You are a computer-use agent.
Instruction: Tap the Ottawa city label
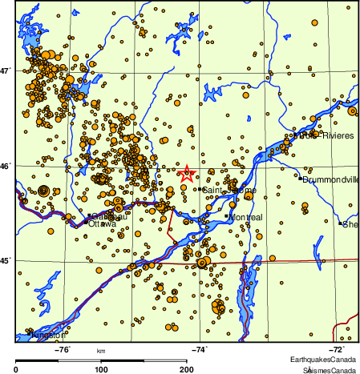point(102,224)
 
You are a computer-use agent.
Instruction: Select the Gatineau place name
point(106,216)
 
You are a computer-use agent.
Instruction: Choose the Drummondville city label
point(332,179)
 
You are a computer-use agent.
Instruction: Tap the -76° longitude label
point(62,348)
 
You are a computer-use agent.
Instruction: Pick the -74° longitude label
point(199,348)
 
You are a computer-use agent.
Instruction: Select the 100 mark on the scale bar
point(102,369)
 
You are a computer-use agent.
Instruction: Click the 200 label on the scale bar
point(187,369)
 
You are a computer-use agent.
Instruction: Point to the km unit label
point(101,351)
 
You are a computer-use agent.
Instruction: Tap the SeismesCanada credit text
point(329,369)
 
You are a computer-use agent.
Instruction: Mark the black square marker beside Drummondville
point(301,179)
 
